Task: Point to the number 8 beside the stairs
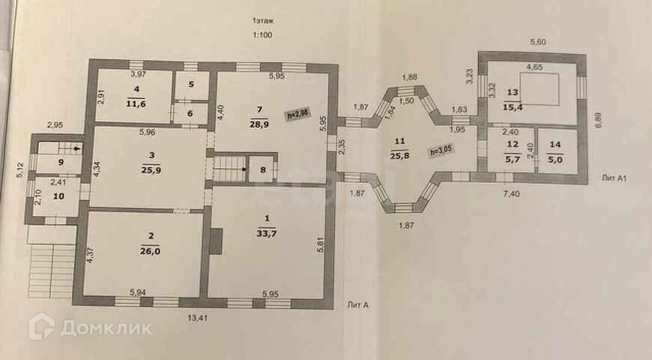click(262, 169)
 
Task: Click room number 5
click(191, 85)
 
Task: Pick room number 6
click(190, 113)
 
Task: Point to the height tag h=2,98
click(298, 115)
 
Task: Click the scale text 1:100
click(262, 35)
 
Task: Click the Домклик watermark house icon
click(41, 327)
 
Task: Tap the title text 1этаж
click(262, 22)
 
